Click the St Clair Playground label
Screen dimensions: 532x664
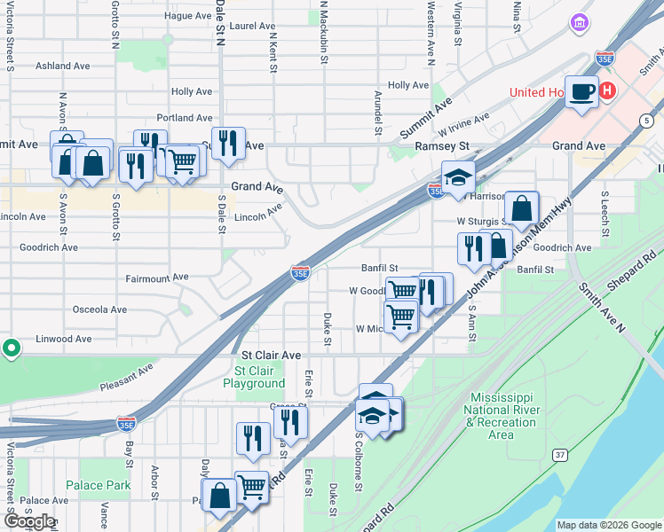[259, 377]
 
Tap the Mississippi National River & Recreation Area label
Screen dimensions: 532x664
[502, 416]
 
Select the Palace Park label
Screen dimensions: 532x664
[99, 485]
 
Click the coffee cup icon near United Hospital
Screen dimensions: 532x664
[581, 91]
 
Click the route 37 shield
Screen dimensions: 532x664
[559, 455]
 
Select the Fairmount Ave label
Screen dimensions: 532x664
[158, 278]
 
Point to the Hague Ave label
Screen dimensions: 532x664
[187, 16]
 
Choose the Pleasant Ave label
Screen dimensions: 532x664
[126, 376]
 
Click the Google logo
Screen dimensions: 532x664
[29, 521]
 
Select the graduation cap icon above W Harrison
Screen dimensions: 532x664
[458, 176]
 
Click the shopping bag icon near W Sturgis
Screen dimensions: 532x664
[524, 209]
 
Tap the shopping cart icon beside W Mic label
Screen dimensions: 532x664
[401, 315]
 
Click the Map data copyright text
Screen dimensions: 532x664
[609, 525]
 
